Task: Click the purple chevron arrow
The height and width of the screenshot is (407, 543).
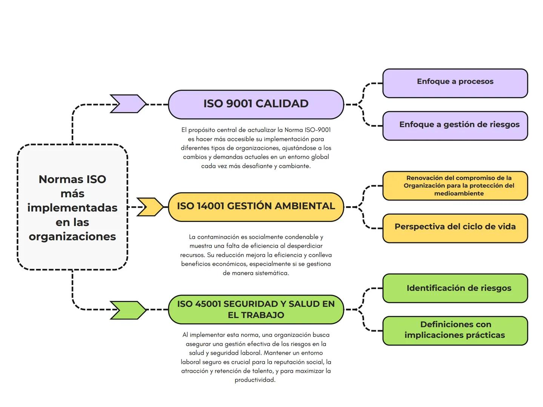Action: [128, 104]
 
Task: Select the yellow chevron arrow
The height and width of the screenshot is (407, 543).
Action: [150, 207]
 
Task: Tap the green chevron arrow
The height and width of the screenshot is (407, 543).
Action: [128, 310]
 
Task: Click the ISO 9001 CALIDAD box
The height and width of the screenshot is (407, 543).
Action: [256, 104]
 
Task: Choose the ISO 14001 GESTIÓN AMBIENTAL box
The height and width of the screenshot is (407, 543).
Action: [256, 207]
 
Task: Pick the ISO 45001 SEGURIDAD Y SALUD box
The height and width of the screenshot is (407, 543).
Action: [256, 309]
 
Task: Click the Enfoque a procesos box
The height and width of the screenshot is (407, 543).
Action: [455, 83]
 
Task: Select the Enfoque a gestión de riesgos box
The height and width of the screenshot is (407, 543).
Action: [455, 125]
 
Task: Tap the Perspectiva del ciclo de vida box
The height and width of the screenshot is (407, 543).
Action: [455, 228]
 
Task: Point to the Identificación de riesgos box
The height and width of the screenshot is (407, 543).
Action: [455, 288]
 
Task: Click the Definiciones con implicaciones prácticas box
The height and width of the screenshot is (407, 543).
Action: [455, 330]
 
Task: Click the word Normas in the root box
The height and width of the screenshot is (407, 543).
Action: [56, 179]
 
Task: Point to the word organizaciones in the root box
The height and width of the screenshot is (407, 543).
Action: [72, 237]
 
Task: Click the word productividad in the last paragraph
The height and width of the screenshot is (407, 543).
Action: [255, 380]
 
